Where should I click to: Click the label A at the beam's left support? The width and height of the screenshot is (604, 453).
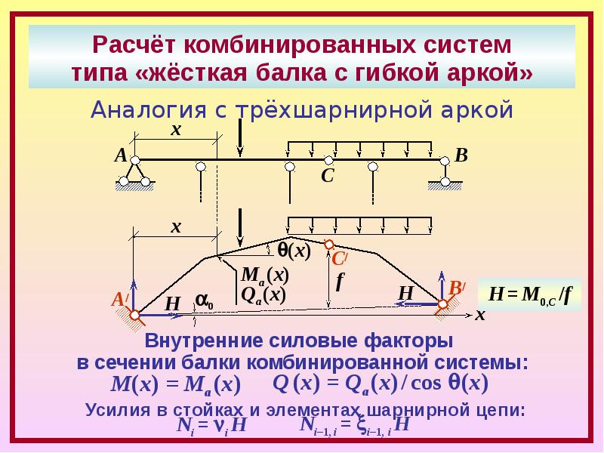[x=121, y=156]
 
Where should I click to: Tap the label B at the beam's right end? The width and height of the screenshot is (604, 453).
[x=461, y=156]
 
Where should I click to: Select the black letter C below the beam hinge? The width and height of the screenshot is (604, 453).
[x=327, y=176]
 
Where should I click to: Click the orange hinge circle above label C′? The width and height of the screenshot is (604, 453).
[x=328, y=244]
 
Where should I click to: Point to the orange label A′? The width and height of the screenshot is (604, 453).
[x=120, y=300]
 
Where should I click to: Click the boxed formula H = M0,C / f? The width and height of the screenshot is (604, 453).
[x=529, y=294]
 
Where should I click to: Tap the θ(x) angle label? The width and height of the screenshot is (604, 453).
[x=294, y=251]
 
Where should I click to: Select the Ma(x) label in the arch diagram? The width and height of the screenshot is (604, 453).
[x=265, y=276]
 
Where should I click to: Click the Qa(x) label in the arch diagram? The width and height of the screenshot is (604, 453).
[x=263, y=295]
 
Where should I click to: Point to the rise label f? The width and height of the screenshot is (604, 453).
[x=339, y=282]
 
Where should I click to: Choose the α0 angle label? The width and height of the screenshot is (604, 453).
[x=204, y=300]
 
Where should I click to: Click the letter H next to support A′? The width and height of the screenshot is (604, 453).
[x=172, y=304]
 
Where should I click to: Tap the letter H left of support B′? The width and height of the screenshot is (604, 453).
[x=405, y=293]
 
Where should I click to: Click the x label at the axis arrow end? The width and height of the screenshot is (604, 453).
[x=480, y=315]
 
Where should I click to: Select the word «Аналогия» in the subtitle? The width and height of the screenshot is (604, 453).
[x=149, y=109]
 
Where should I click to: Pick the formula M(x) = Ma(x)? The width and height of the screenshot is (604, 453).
[x=176, y=385]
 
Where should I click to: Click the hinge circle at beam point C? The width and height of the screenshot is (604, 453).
[x=328, y=160]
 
